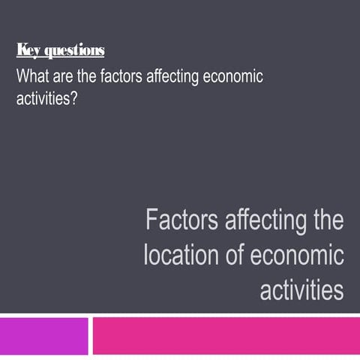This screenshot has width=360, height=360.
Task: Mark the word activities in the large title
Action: click(x=301, y=289)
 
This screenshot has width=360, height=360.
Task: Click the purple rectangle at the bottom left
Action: click(x=43, y=336)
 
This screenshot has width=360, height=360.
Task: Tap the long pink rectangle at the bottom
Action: click(x=225, y=336)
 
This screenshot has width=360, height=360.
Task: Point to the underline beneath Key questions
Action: click(x=60, y=58)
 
